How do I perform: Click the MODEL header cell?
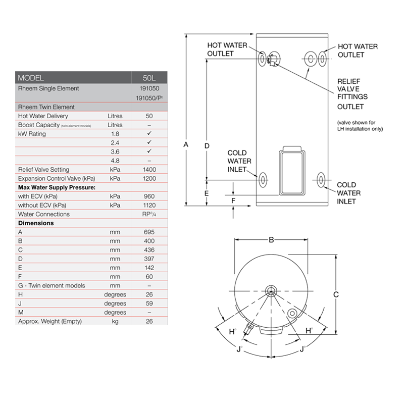pos(31,78)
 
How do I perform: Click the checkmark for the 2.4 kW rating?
pos(149,143)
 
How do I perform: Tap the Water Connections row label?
pos(44,214)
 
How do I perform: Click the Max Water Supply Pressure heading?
pos(57,187)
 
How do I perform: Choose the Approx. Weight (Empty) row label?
pos(49,321)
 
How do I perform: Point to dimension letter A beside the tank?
pos(186,145)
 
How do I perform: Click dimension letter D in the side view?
pos(207,145)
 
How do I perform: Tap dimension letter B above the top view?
pos(271,240)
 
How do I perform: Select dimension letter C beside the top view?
pos(335,294)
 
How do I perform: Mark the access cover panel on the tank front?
pos(291,171)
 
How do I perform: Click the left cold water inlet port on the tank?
pos(263,180)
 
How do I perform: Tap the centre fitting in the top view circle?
pos(271,290)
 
